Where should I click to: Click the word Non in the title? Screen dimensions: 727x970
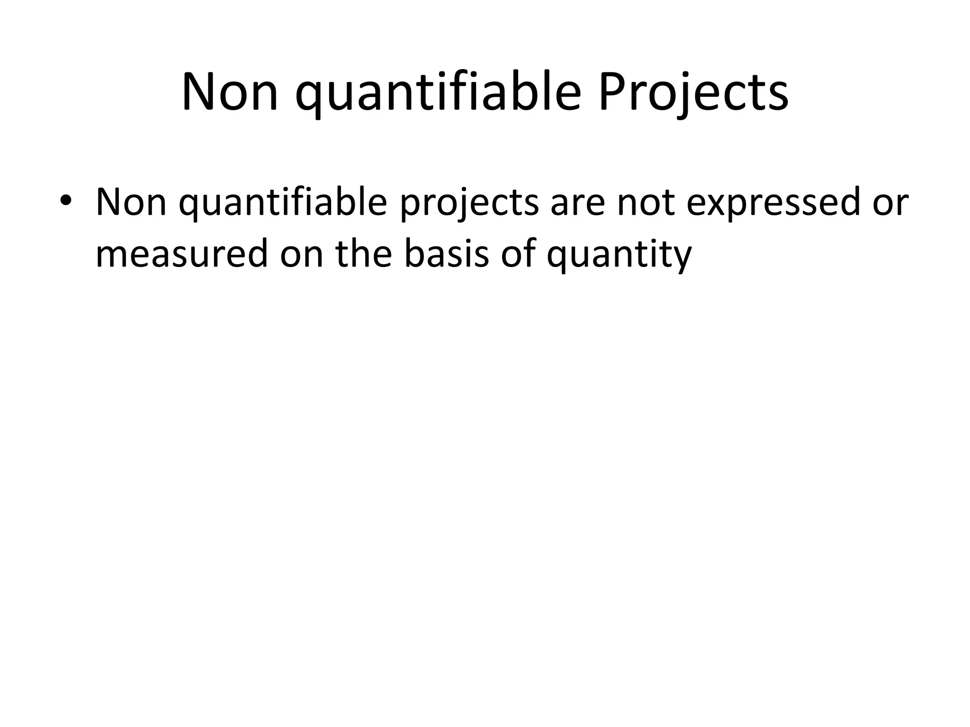point(229,92)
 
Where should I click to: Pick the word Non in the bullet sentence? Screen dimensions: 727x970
point(131,202)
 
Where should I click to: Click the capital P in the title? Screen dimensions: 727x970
point(611,92)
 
